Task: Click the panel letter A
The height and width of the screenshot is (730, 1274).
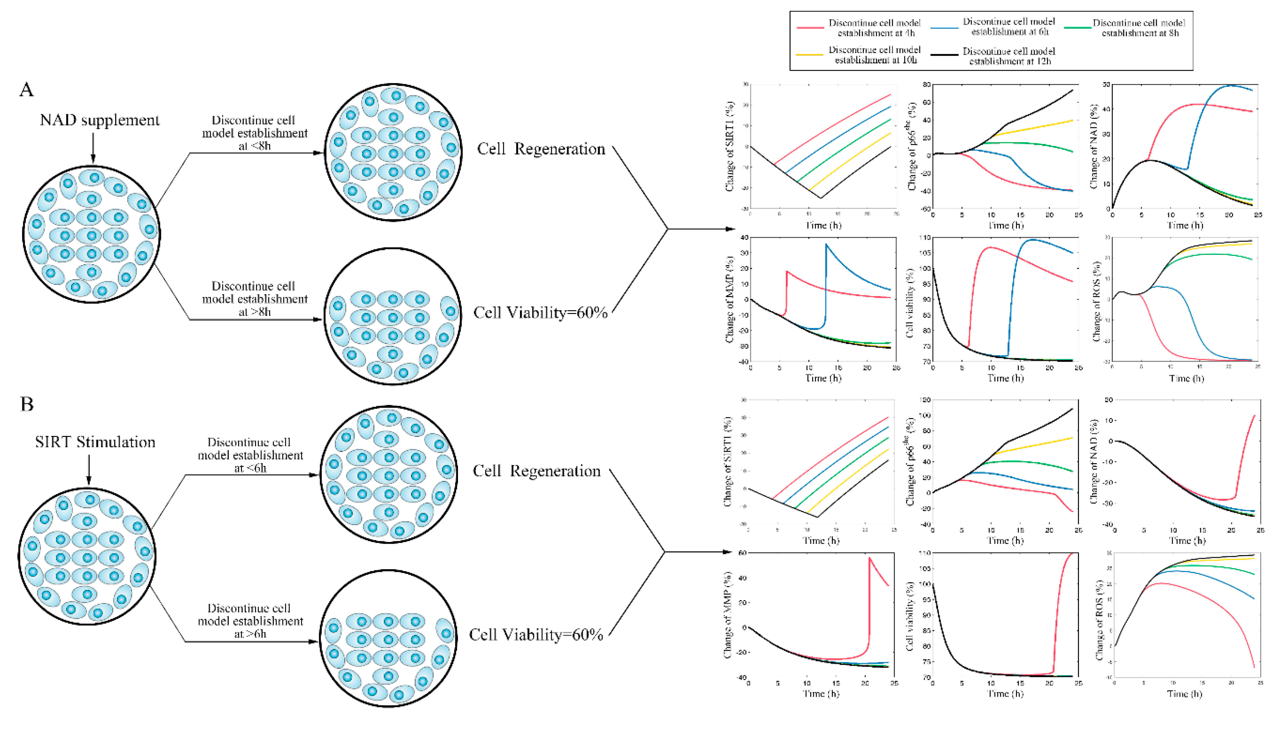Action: [27, 90]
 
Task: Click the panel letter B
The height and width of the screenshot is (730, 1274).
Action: [27, 404]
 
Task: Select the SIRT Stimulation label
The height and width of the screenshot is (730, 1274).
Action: [95, 442]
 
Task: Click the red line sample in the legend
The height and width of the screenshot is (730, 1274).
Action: [810, 28]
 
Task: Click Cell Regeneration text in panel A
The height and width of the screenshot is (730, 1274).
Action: [541, 149]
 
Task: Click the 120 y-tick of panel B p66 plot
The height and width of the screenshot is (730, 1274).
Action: [924, 400]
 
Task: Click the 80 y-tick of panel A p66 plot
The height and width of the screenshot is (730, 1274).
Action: [925, 85]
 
